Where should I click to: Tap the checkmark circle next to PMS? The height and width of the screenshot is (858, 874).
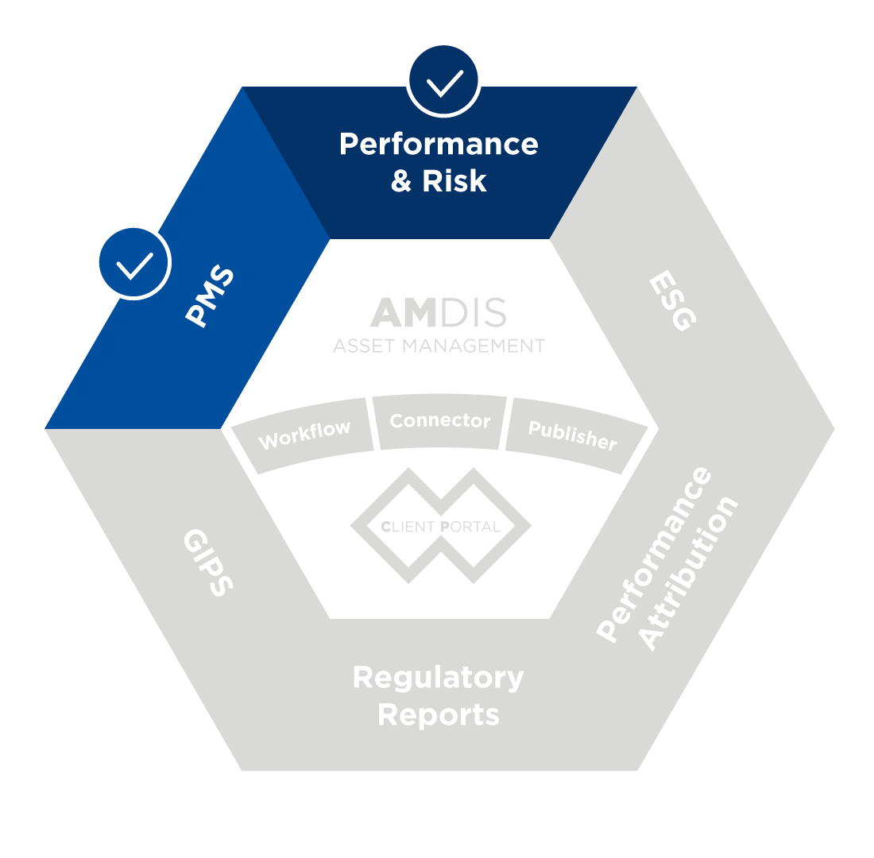click(133, 262)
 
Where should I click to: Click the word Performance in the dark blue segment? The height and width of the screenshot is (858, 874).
click(439, 145)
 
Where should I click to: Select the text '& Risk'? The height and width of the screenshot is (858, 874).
click(439, 181)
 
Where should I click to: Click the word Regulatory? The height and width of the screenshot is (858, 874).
click(439, 678)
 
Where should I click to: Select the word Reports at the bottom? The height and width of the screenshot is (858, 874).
click(439, 714)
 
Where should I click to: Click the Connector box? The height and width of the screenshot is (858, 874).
click(439, 421)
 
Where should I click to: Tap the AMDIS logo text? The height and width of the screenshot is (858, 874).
click(439, 313)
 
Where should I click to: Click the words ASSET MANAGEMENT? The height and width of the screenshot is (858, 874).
click(439, 346)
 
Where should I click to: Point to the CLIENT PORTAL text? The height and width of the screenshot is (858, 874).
click(440, 527)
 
